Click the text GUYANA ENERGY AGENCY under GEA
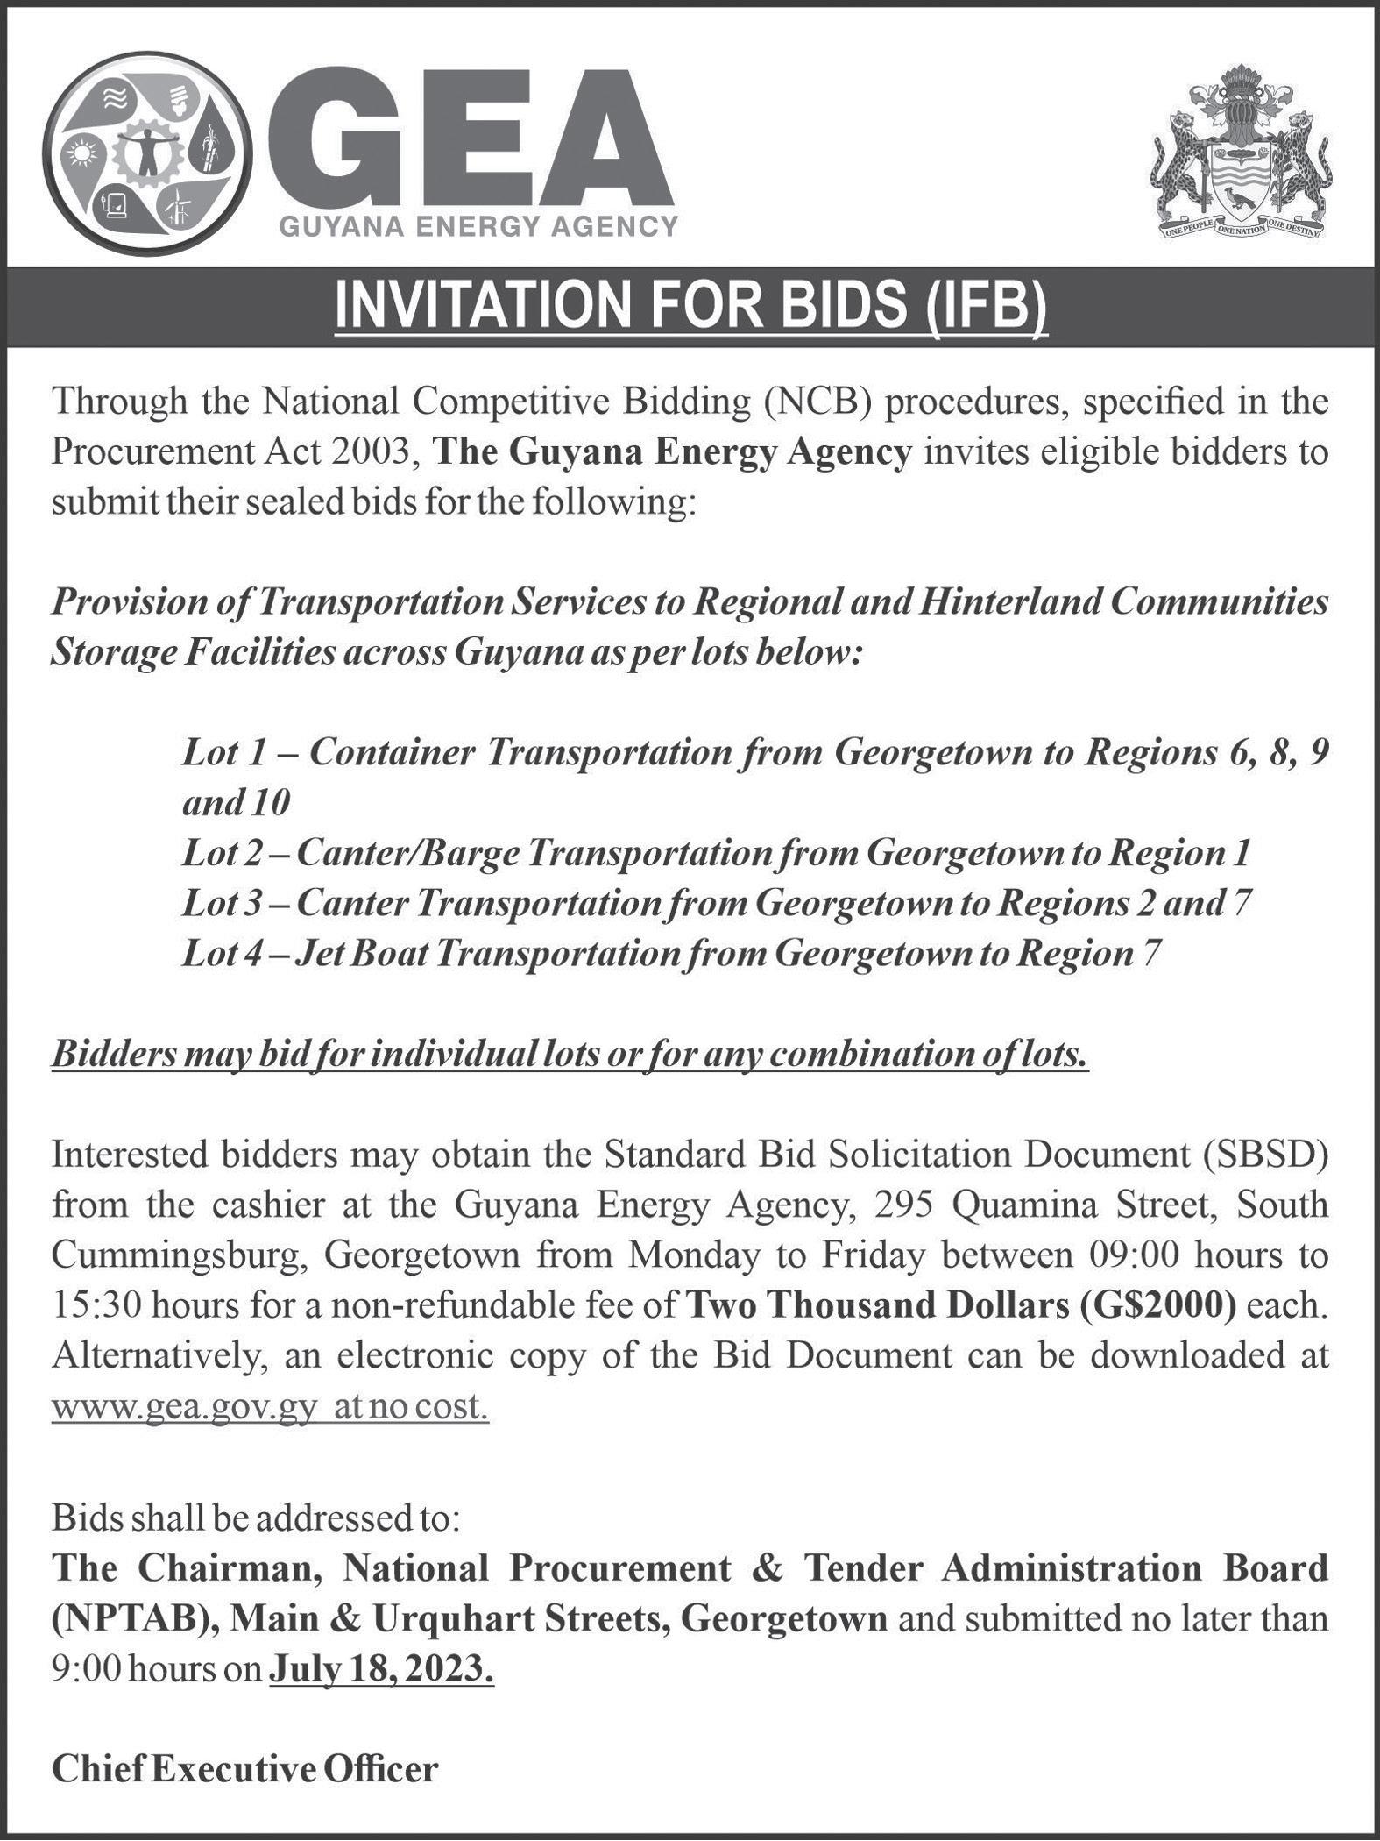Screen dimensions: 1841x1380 point(478,228)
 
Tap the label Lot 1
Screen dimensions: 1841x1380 point(223,752)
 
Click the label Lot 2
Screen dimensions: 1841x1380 point(224,853)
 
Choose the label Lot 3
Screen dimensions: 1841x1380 point(224,903)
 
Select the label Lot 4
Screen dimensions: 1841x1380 point(224,954)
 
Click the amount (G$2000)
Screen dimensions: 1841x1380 point(1154,1306)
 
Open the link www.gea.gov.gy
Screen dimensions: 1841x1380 point(182,1407)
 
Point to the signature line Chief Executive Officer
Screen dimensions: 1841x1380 point(244,1769)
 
